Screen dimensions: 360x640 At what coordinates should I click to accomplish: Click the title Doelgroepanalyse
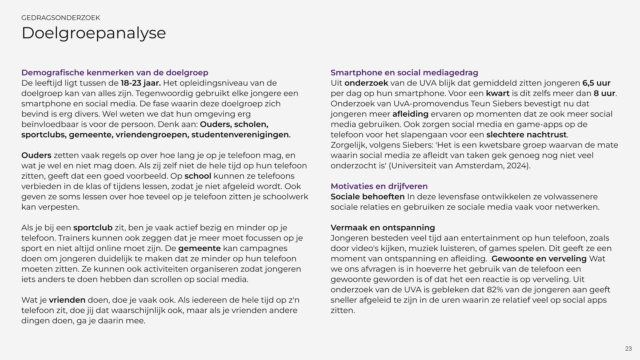94,33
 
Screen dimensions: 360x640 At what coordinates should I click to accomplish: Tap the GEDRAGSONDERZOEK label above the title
61,18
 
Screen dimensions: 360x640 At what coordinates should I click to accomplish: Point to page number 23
628,348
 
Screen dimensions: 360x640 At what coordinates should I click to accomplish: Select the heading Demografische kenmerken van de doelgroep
115,73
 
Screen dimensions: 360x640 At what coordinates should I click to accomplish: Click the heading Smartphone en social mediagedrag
404,73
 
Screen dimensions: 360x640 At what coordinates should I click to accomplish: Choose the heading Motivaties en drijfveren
379,186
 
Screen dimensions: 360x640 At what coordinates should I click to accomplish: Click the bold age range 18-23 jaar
141,83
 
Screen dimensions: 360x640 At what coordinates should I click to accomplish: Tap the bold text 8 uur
604,93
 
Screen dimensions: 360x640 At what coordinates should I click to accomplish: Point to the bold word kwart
498,93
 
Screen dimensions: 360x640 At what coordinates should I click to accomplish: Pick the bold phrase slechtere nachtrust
526,135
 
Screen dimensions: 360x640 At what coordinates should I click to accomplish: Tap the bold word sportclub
93,228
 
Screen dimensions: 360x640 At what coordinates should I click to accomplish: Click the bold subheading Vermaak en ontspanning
383,228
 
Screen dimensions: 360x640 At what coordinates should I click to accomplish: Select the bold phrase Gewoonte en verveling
539,259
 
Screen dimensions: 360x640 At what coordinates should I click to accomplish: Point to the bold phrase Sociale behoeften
367,197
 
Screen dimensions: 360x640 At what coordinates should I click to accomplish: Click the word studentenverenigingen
240,135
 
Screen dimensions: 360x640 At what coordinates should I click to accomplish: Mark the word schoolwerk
285,197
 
